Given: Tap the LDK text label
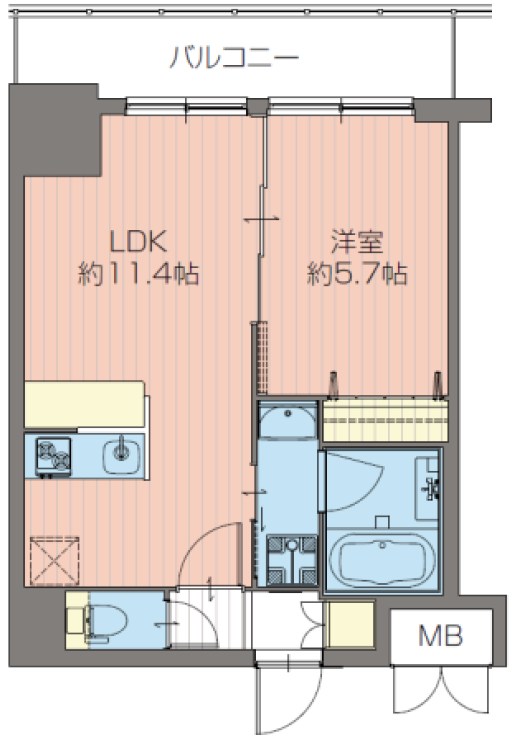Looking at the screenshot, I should [x=136, y=241].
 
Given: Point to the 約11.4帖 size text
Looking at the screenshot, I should [x=138, y=274].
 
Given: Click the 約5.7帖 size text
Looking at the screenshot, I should [x=357, y=274].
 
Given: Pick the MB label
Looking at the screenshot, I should [x=440, y=635].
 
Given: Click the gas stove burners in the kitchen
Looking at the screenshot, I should [x=54, y=457].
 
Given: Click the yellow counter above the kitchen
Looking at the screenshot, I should [x=85, y=404].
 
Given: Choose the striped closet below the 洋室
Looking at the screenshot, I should [x=386, y=415].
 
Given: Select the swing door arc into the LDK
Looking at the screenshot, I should [x=205, y=545].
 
